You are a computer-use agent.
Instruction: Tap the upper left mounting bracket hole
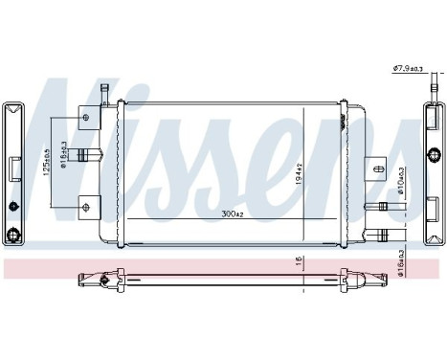point(87,118)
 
